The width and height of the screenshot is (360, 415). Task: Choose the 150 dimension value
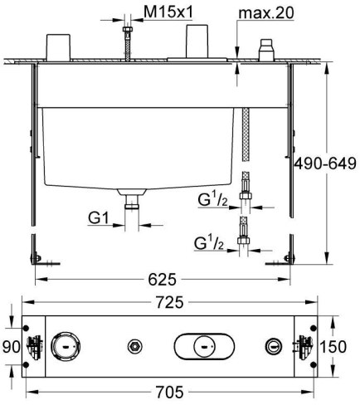[347, 346]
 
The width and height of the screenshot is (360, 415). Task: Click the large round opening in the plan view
[64, 345]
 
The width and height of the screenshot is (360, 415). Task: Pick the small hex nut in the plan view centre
[133, 345]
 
